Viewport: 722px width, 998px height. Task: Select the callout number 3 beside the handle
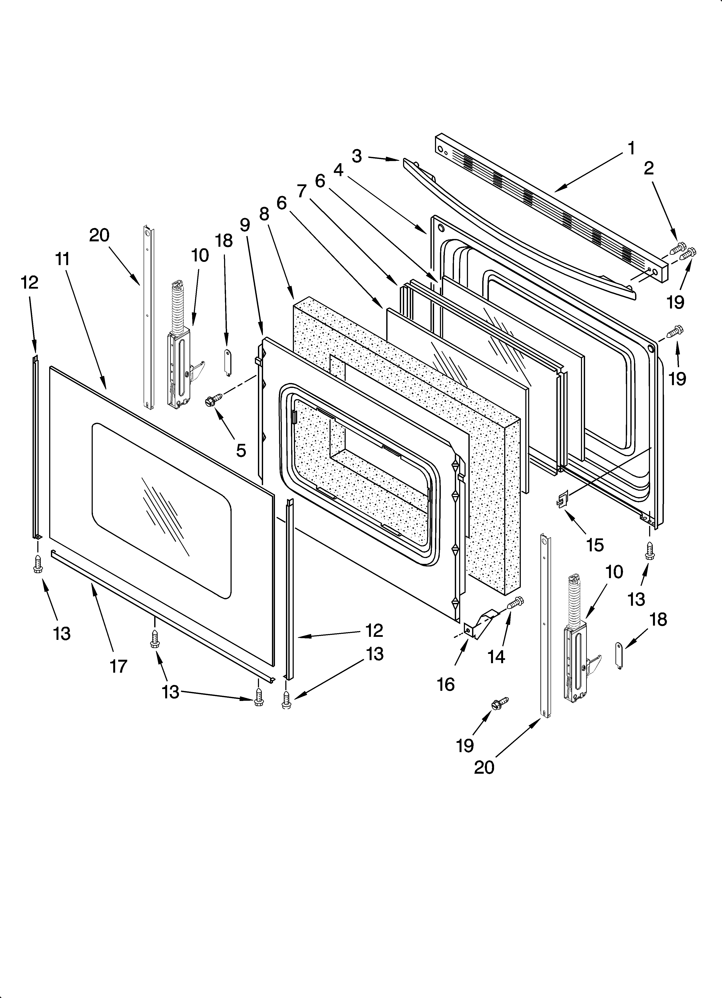[x=357, y=156]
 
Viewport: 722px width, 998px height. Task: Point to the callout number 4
[x=338, y=170]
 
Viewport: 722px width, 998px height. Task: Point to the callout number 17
[x=118, y=666]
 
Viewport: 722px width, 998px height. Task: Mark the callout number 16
[x=445, y=684]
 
